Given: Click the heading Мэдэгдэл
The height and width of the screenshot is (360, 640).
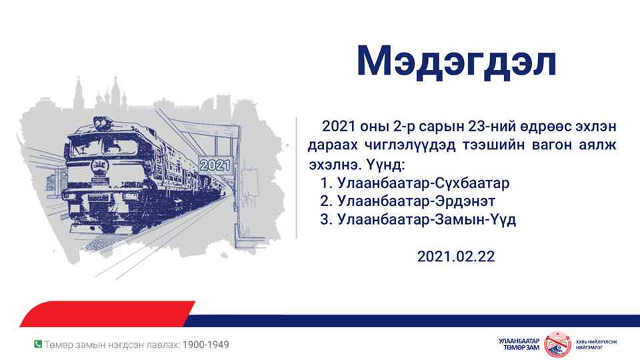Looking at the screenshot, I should (x=456, y=61).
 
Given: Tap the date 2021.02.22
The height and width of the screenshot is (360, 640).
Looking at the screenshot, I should (x=455, y=255).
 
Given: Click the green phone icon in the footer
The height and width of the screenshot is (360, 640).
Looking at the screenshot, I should (x=38, y=344).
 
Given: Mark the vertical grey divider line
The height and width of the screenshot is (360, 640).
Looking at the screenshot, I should (x=296, y=177).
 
